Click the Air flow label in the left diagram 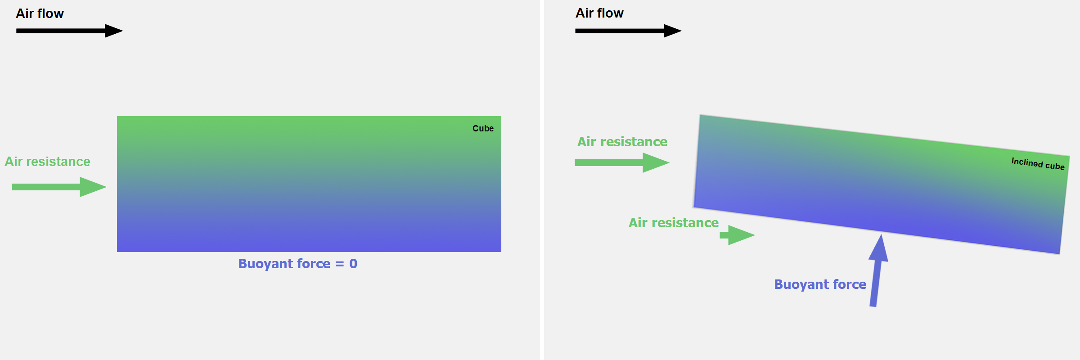(x=40, y=13)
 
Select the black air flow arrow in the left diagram (x=69, y=31)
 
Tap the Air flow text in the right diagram (x=599, y=13)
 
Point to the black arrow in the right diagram (x=628, y=31)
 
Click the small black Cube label (x=483, y=128)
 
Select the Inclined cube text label (x=1038, y=163)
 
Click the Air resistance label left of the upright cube (x=47, y=162)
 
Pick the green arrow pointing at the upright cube (x=59, y=187)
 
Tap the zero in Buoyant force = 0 (x=353, y=264)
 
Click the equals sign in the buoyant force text (x=339, y=264)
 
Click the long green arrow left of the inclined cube (x=622, y=162)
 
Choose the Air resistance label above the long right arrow (x=622, y=142)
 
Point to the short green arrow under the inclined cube (x=737, y=235)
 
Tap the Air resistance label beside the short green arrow (x=674, y=223)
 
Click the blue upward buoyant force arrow (x=877, y=270)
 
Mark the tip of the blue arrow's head (x=881, y=234)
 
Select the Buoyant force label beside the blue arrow (x=820, y=284)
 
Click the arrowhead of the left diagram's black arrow (x=114, y=31)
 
